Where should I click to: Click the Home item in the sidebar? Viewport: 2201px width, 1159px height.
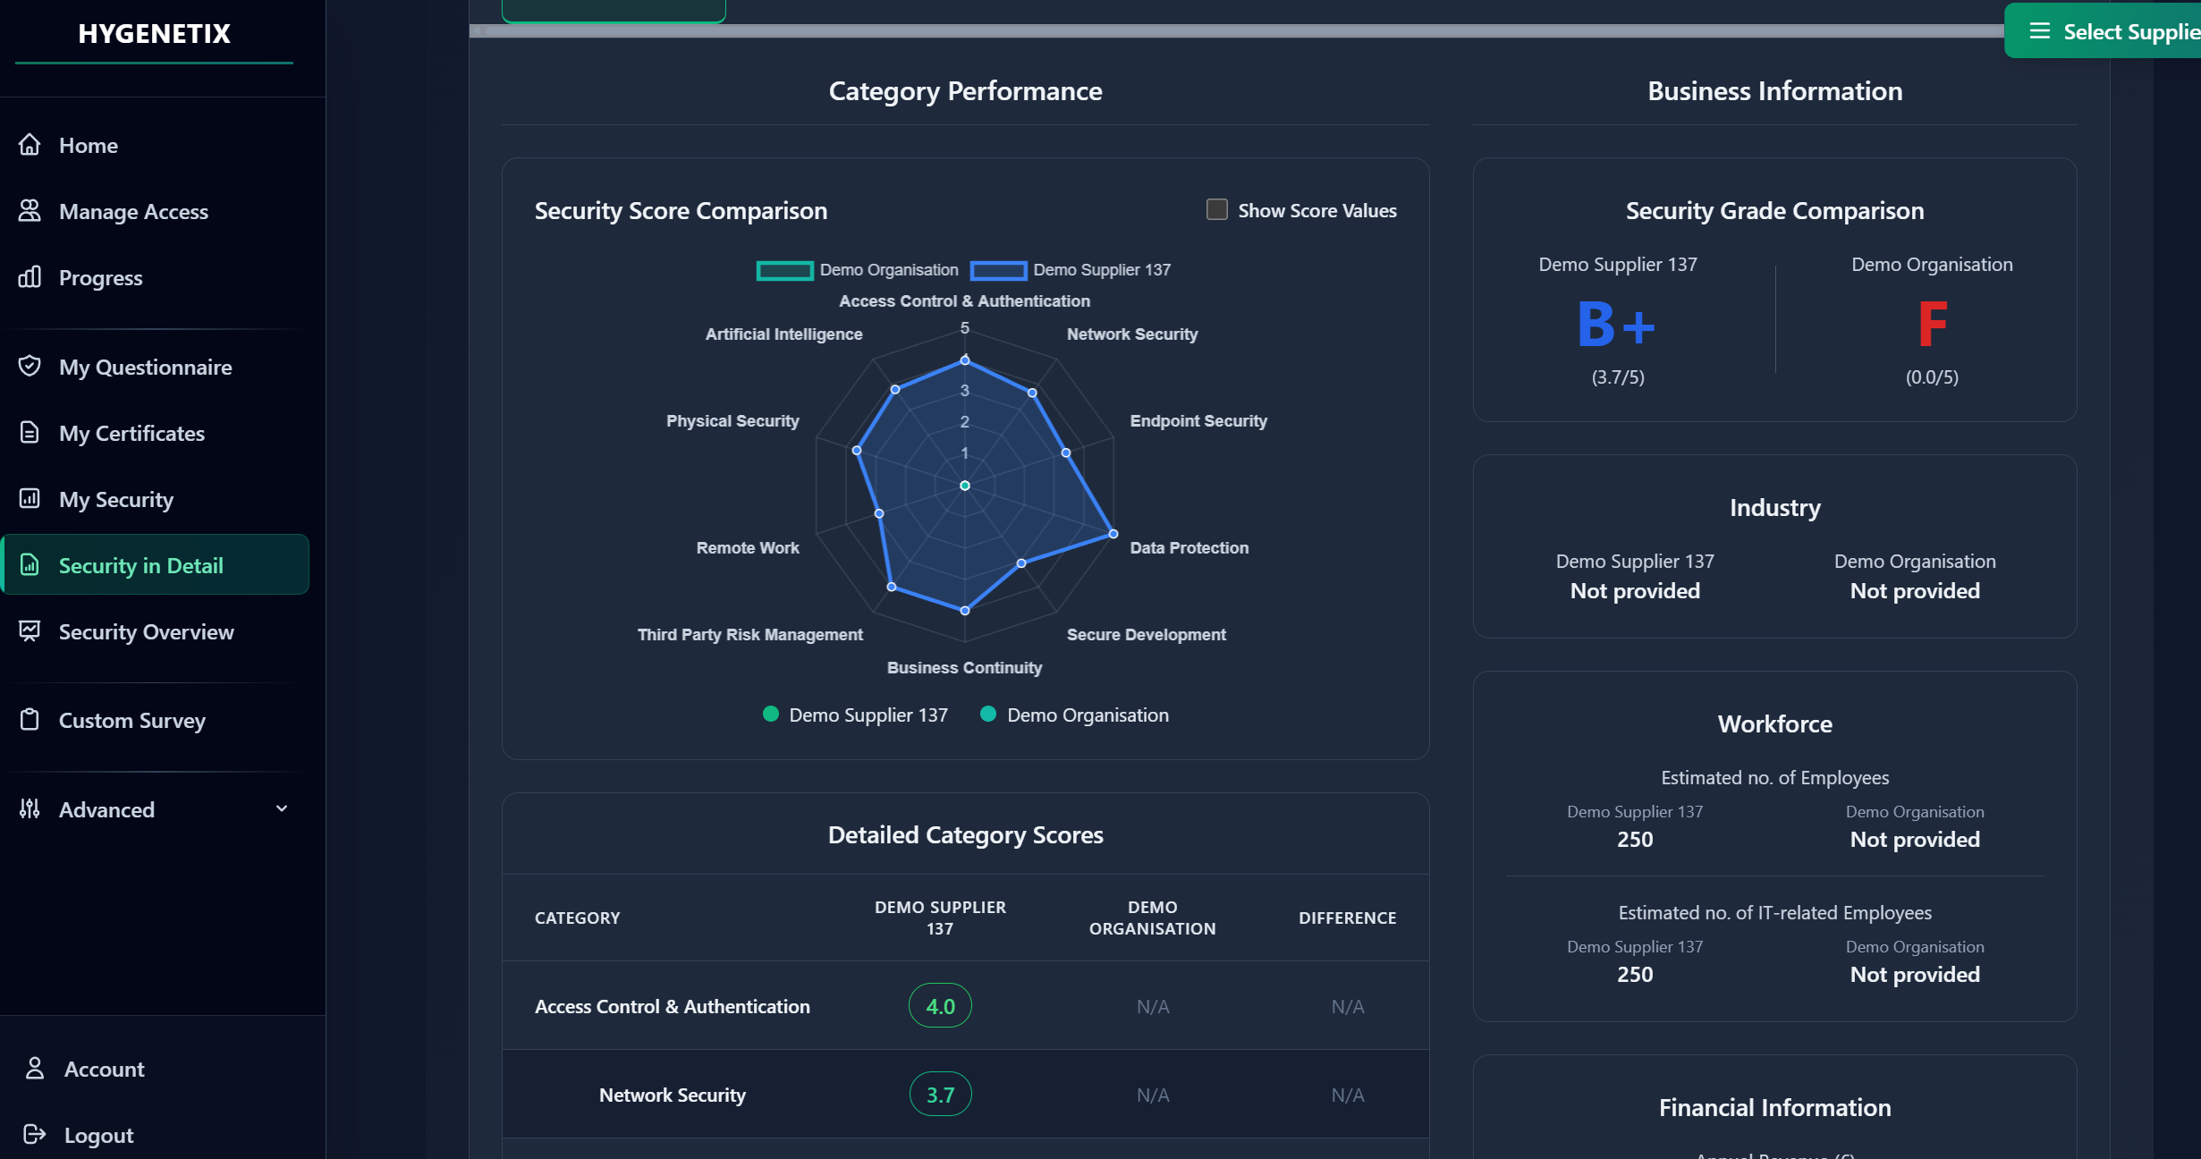pyautogui.click(x=88, y=145)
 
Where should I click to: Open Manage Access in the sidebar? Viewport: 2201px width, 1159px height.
pyautogui.click(x=132, y=211)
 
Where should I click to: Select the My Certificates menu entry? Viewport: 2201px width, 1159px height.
pyautogui.click(x=131, y=433)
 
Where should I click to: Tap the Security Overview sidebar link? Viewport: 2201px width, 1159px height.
pyautogui.click(x=145, y=631)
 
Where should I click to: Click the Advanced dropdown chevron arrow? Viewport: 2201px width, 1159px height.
pyautogui.click(x=282, y=808)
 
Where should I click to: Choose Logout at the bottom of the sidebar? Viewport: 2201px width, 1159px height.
pyautogui.click(x=97, y=1135)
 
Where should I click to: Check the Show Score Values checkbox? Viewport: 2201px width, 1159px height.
pyautogui.click(x=1216, y=209)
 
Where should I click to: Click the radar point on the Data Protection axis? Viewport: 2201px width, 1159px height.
pyautogui.click(x=1113, y=534)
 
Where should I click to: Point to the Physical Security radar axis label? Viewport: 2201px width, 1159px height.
pyautogui.click(x=732, y=420)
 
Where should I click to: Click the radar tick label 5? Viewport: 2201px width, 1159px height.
pyautogui.click(x=964, y=328)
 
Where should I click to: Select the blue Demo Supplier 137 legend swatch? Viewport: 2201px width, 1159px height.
pyautogui.click(x=998, y=270)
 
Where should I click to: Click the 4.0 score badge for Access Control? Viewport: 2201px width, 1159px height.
pyautogui.click(x=940, y=1005)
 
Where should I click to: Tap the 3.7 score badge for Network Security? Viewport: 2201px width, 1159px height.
pyautogui.click(x=940, y=1094)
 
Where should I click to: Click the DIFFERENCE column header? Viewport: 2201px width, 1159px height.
pyautogui.click(x=1347, y=918)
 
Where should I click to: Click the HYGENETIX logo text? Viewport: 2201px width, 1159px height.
pyautogui.click(x=154, y=33)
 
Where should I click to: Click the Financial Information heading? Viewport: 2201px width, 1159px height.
pyautogui.click(x=1774, y=1107)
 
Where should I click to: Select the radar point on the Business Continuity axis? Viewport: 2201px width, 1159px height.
pyautogui.click(x=964, y=611)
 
